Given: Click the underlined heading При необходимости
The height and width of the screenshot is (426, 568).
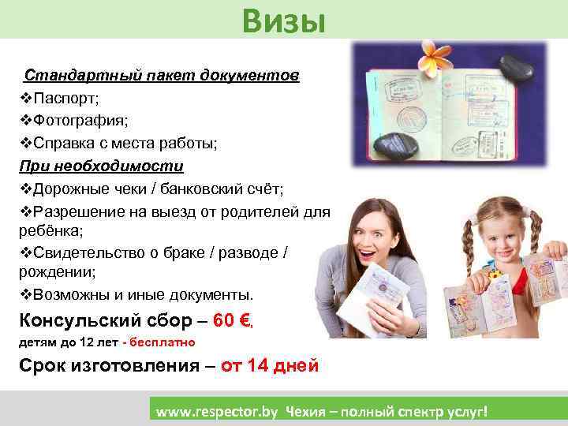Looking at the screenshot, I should (x=101, y=166).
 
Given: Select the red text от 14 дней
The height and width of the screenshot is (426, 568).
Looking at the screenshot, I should (x=269, y=365).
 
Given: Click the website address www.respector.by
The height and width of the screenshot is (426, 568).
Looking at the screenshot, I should (x=218, y=412).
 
